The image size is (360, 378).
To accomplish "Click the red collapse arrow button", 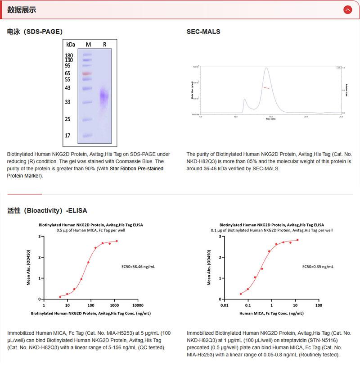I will click(347, 10).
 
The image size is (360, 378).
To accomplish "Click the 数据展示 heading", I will click(22, 10).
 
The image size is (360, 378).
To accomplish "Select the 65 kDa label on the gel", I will click(68, 73).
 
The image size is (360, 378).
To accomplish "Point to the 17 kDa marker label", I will click(68, 135).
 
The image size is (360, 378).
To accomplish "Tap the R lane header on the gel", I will click(104, 44).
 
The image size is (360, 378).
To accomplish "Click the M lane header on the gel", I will click(88, 44).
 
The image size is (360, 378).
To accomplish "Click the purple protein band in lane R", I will click(104, 96).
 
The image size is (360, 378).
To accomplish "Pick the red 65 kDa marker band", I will click(87, 73).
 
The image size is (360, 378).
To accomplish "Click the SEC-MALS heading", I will click(203, 32).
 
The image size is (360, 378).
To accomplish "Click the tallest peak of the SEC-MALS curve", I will click(266, 68).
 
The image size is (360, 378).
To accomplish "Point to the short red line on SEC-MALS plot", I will click(266, 87).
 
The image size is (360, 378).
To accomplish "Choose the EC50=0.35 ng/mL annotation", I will click(318, 266).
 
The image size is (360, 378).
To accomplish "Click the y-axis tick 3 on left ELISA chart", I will click(40, 236).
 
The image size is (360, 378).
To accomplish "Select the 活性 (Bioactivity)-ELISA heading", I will click(47, 210).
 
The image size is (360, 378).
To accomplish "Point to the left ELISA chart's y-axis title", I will click(28, 268).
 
